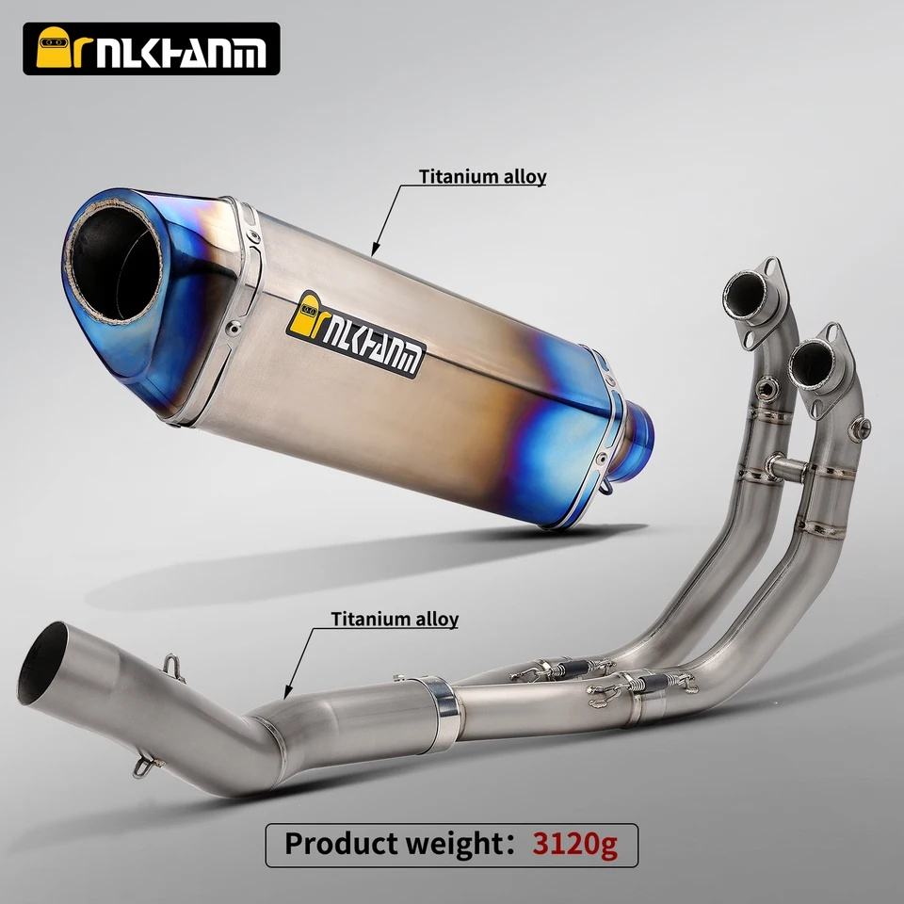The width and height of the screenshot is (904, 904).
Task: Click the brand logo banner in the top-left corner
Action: point(151,49)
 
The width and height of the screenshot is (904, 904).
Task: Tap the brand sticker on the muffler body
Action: point(356,334)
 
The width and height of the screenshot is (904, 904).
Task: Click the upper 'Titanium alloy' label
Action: point(482,176)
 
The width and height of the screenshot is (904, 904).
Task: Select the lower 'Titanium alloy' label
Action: point(395,619)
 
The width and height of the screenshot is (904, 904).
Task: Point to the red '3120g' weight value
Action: point(574,844)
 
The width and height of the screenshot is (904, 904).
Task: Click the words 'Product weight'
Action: point(395,844)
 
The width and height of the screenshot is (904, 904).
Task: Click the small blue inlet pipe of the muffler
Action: point(634,442)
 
